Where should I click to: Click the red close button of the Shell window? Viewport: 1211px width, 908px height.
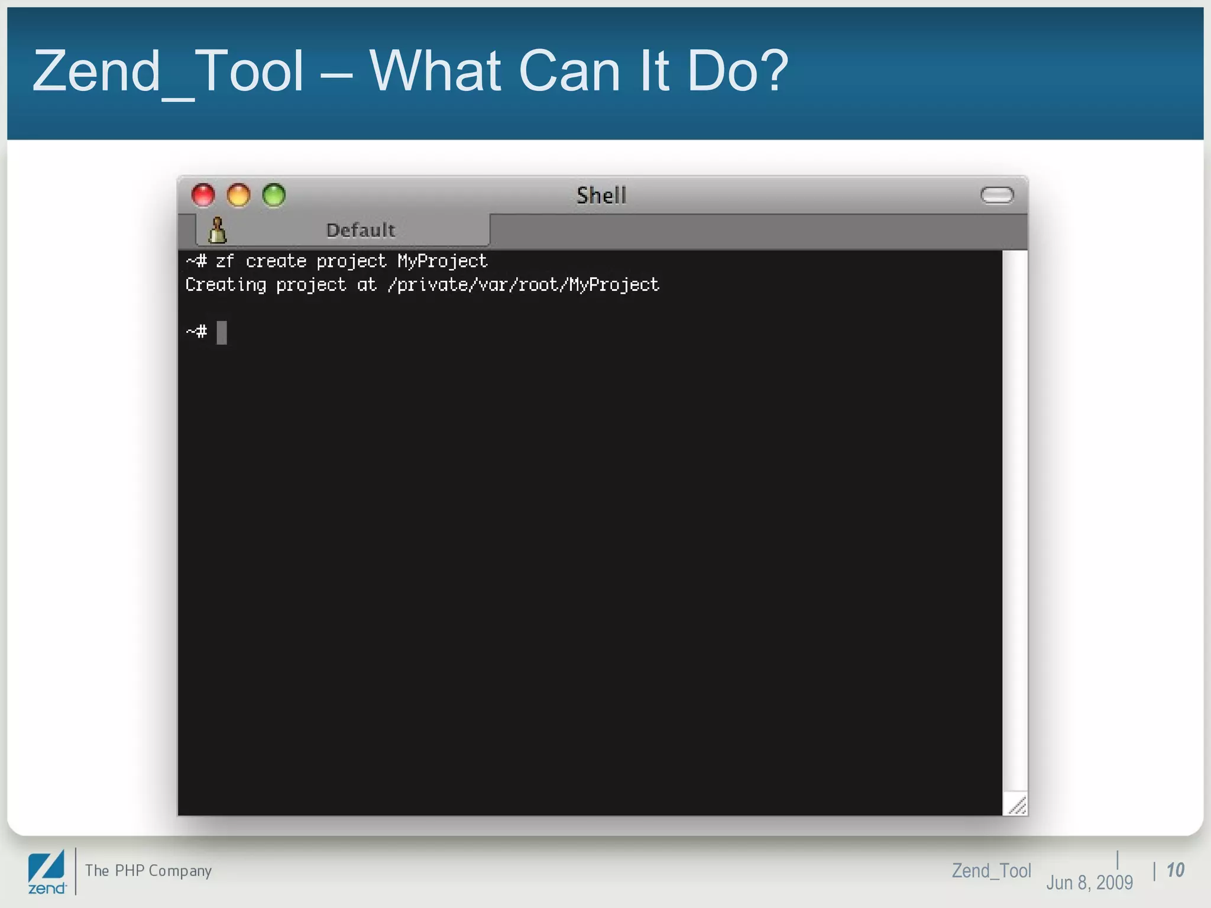[x=203, y=195]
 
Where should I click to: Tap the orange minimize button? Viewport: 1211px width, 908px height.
[x=239, y=195]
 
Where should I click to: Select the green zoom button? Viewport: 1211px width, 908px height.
[x=274, y=195]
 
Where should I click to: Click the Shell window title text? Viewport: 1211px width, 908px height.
[x=601, y=196]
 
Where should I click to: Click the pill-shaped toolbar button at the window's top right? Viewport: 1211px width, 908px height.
[x=997, y=195]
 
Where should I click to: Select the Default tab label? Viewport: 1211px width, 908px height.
[x=360, y=230]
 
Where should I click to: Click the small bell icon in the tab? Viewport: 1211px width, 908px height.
[x=217, y=230]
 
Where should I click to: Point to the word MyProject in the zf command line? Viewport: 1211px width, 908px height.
[x=442, y=261]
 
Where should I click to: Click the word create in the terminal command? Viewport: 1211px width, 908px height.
[x=276, y=261]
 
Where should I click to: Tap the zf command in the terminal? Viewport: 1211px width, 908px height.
[x=225, y=261]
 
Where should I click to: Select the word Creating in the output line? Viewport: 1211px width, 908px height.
[x=226, y=285]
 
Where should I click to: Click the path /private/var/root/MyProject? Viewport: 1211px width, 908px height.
[x=523, y=285]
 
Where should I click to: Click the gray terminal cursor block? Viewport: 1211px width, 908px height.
[x=222, y=332]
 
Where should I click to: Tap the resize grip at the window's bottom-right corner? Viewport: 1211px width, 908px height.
[x=1016, y=805]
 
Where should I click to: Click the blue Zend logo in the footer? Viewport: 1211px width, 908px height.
[x=47, y=871]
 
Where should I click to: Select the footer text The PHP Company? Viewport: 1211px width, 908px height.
[x=148, y=871]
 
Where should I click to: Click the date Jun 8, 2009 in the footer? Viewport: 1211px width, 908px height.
[x=1089, y=883]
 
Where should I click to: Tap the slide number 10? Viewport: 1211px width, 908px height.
[x=1176, y=870]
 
